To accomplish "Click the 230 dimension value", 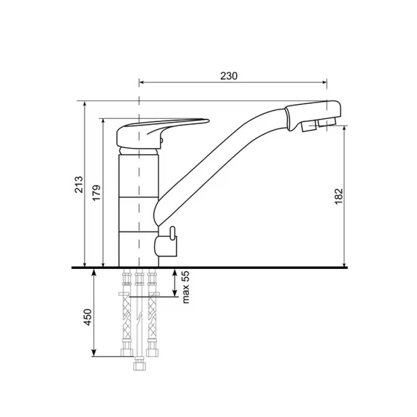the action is coord(229,76).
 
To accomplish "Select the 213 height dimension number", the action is coord(79,185).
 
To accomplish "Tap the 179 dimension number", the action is coord(96,193).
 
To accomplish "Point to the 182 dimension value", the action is coord(339,197).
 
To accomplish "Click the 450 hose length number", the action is coord(88,317).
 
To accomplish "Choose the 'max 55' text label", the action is coord(186,287).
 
